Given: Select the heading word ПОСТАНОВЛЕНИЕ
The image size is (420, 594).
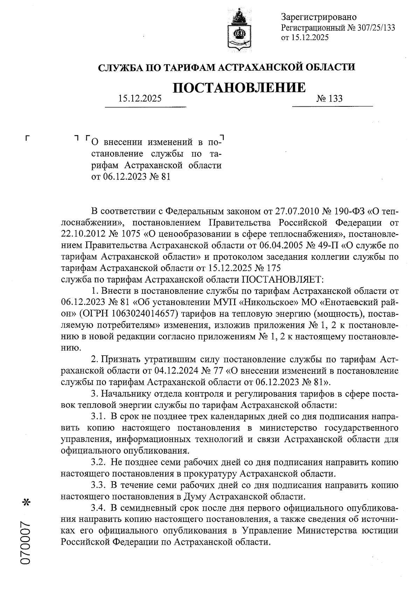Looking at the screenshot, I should tap(239, 88).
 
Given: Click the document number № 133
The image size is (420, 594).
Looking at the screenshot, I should tap(329, 99).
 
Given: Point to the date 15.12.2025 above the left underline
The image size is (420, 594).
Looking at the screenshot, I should tap(140, 99).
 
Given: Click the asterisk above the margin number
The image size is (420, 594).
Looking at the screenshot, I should tap(26, 503).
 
